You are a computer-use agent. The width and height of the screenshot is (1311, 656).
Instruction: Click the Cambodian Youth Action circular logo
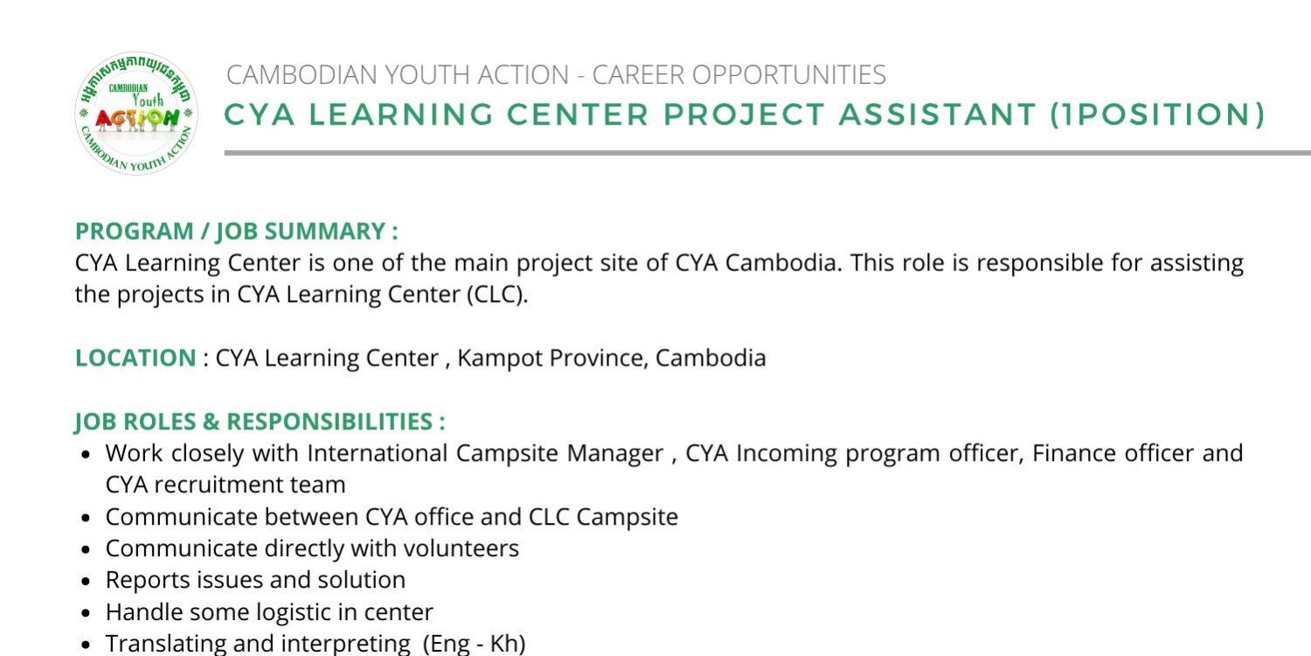point(136,113)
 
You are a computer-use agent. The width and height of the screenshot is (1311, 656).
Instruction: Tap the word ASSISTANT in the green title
point(937,114)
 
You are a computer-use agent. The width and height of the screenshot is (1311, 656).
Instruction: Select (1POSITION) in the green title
point(1158,115)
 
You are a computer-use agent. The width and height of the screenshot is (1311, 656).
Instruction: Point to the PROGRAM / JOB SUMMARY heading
point(237,232)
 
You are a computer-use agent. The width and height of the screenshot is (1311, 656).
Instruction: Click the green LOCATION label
point(135,358)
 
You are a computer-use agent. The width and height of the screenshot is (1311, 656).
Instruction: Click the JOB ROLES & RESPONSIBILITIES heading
point(260,422)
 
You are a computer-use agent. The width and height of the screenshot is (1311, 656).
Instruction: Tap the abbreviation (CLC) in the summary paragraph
point(497,295)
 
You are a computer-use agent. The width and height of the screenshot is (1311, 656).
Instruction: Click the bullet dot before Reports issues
point(86,581)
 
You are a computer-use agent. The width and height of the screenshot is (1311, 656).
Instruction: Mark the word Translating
point(166,644)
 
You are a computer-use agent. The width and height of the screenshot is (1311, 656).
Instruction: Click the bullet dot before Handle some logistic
point(86,613)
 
